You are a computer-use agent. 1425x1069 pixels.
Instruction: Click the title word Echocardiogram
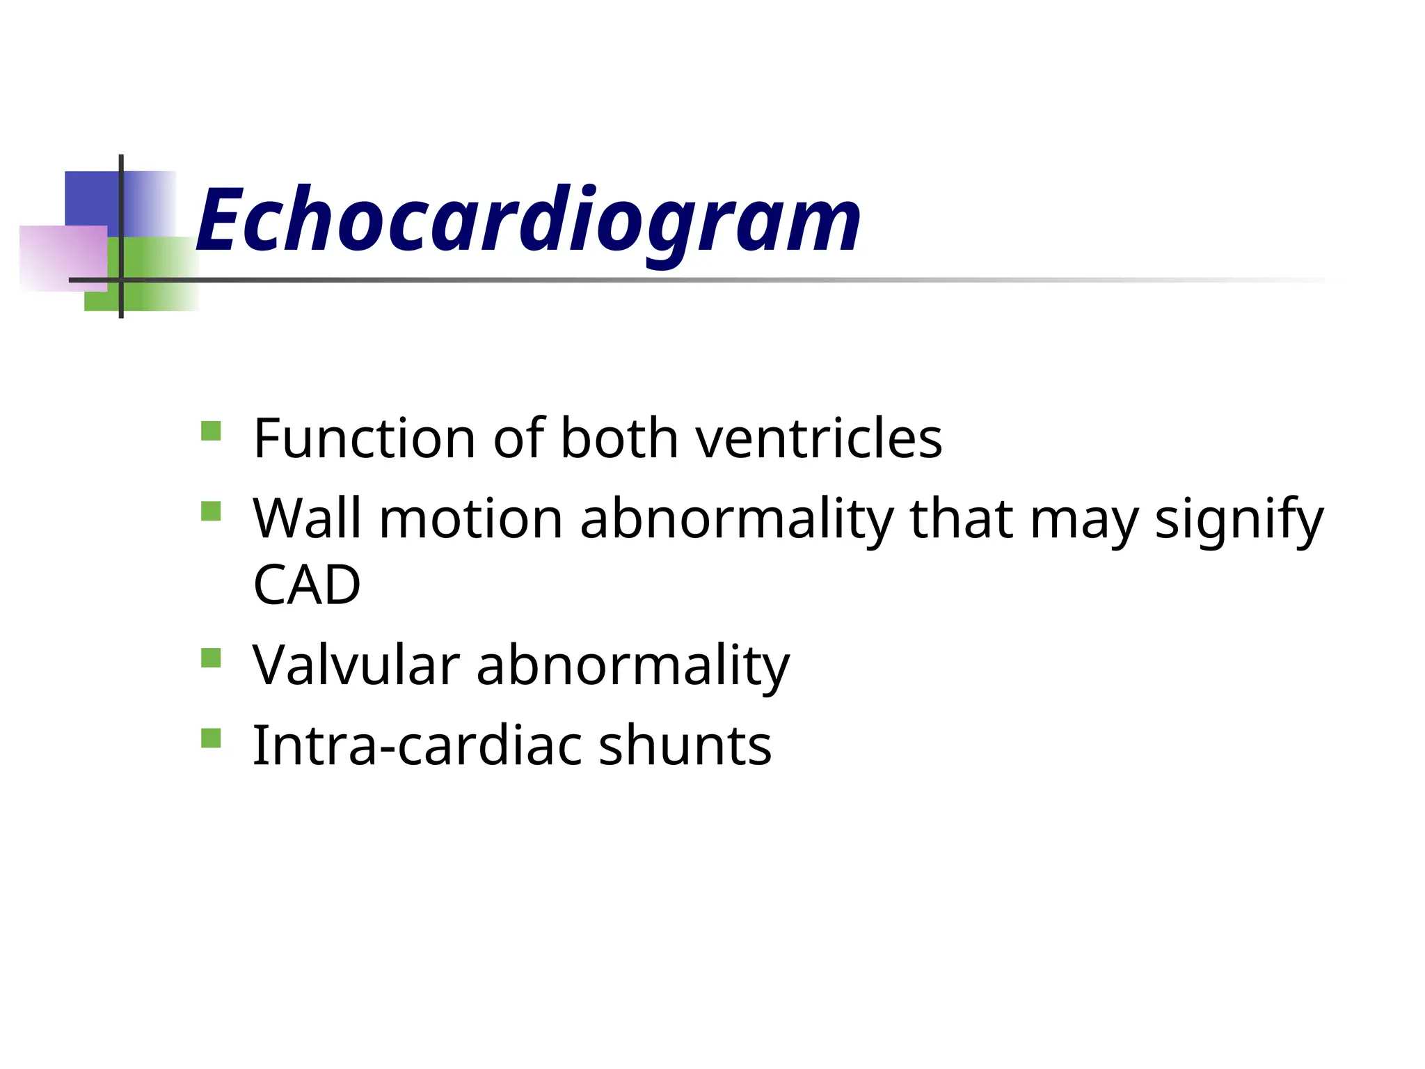[529, 221]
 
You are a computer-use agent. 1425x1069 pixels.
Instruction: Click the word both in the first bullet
[619, 438]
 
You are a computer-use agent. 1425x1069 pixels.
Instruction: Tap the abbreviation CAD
[307, 585]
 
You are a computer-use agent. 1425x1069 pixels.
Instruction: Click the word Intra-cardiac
[417, 745]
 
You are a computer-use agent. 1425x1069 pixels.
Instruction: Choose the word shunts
[685, 745]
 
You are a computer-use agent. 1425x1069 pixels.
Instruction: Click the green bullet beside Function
[211, 431]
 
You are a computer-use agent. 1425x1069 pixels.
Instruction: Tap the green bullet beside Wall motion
[211, 512]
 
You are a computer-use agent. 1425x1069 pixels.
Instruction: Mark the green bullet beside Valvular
[211, 658]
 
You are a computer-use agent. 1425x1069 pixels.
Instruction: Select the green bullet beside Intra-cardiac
[211, 738]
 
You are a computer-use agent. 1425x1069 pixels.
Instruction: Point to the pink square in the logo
[59, 258]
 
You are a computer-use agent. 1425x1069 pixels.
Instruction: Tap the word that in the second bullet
[961, 519]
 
